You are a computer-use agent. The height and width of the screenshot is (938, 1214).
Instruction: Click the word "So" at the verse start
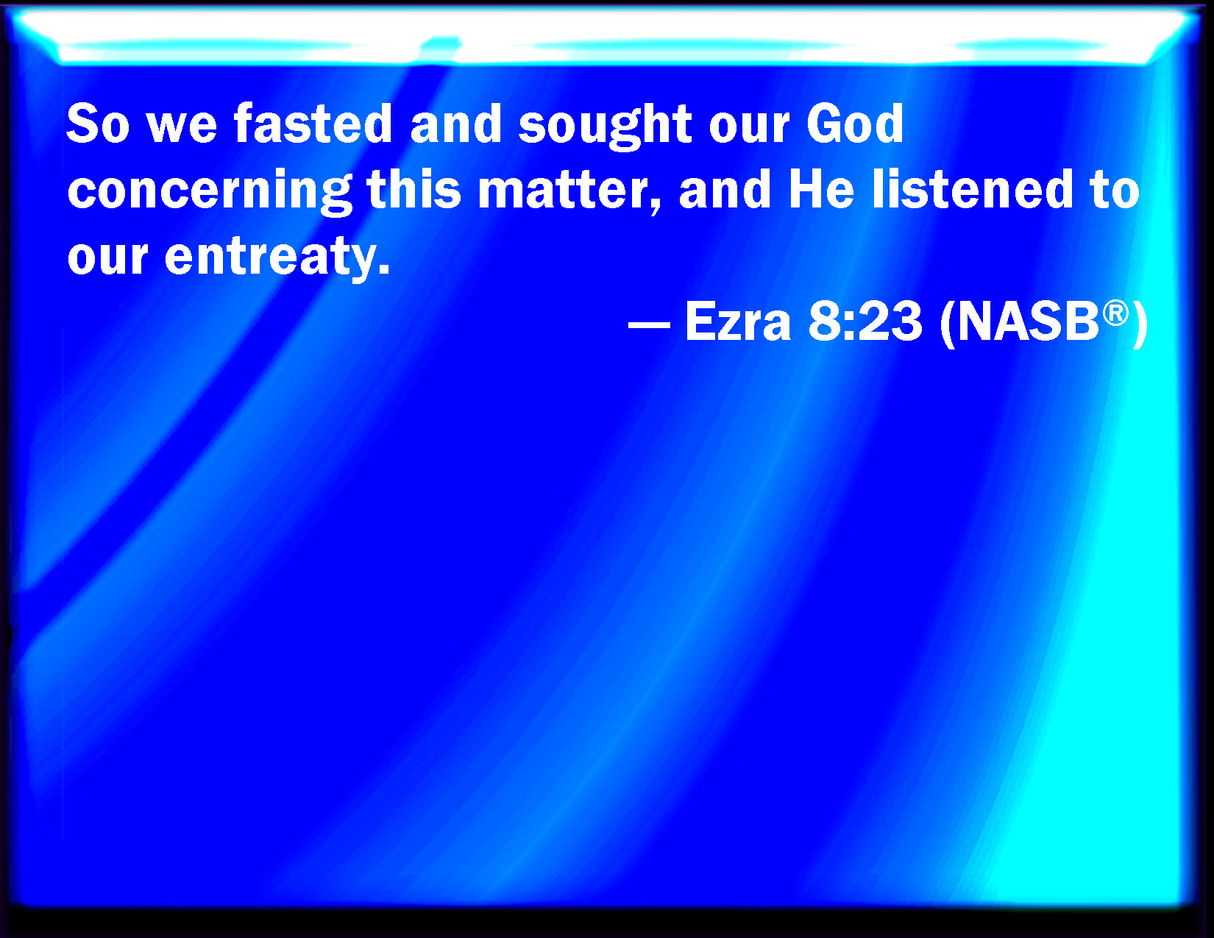[x=99, y=124]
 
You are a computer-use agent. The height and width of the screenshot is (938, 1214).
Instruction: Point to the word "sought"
[x=605, y=127]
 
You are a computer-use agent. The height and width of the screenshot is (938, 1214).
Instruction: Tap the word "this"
[x=414, y=189]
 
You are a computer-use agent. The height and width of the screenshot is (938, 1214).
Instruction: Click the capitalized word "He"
[x=822, y=189]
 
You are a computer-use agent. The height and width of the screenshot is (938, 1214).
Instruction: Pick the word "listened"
[x=973, y=189]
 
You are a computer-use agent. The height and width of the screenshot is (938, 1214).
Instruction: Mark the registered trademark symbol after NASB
[x=1115, y=313]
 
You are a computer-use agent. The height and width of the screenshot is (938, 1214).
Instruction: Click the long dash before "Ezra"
[x=649, y=324]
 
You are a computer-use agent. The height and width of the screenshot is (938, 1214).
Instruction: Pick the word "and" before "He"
[x=725, y=189]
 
